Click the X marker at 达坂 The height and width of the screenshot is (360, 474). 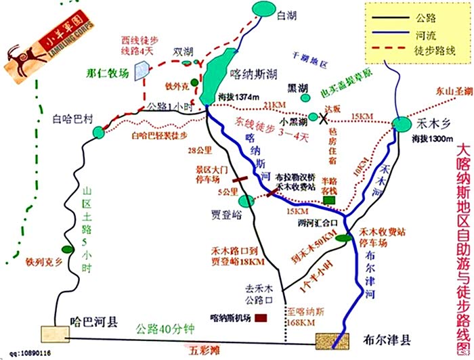[314, 116]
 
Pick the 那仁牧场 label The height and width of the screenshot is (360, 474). [108, 73]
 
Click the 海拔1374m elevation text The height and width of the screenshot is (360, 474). [239, 97]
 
